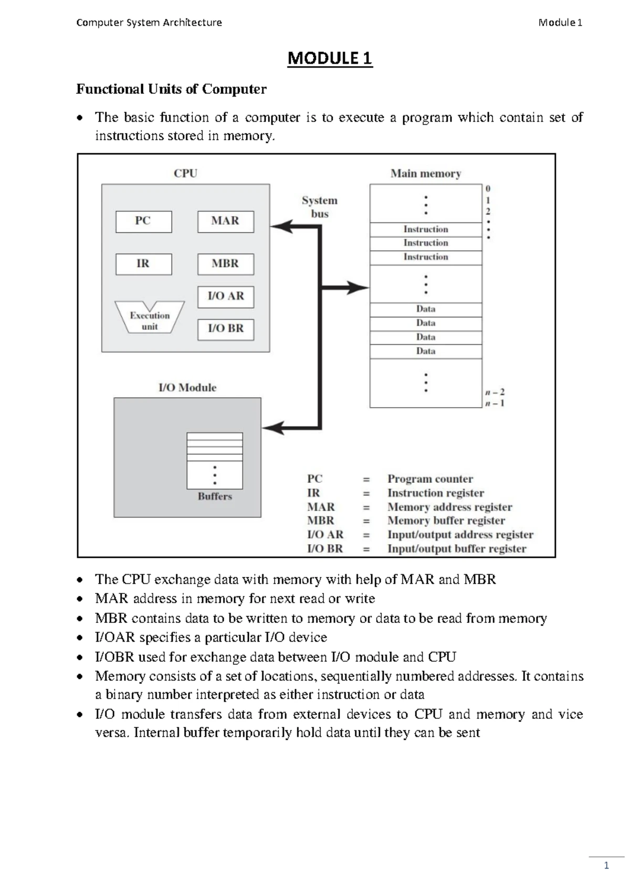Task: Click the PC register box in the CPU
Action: tap(143, 221)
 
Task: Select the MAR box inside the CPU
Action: tap(225, 221)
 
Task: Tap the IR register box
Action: tap(143, 264)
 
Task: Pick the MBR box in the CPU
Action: tap(225, 264)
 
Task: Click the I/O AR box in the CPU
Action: tap(225, 296)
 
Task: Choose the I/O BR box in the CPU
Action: tap(225, 329)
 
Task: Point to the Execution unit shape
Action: tap(150, 318)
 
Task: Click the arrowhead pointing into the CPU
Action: tap(280, 227)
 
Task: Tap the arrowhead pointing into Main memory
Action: tap(360, 288)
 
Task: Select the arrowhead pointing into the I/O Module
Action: tap(272, 428)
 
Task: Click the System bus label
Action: tap(319, 207)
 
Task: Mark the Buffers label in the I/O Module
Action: tap(215, 496)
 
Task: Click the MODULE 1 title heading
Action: tap(330, 58)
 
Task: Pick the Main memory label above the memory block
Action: tap(425, 174)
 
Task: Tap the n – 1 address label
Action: tap(494, 404)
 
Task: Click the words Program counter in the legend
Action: tap(430, 479)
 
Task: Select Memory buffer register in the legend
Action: tap(446, 521)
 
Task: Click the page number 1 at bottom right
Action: tap(606, 866)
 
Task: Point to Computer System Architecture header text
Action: tap(149, 23)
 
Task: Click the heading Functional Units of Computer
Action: tap(171, 89)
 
